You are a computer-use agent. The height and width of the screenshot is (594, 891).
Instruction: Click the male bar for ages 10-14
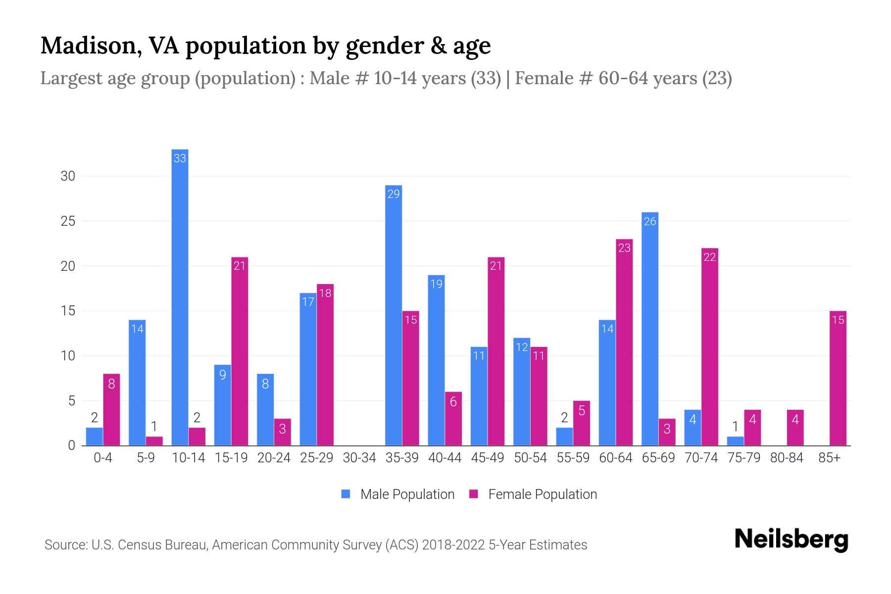click(x=180, y=297)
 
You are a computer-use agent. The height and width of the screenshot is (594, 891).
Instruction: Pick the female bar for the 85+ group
click(x=838, y=378)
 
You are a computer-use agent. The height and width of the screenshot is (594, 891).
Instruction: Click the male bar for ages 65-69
click(x=650, y=329)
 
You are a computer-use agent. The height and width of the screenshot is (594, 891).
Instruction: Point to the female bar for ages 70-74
click(x=710, y=346)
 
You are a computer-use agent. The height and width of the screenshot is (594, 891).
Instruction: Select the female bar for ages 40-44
click(x=453, y=419)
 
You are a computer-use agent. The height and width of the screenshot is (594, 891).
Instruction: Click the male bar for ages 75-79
click(x=735, y=441)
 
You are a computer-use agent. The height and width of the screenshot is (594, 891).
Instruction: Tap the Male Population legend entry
click(x=398, y=494)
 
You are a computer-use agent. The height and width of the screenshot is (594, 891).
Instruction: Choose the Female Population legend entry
click(x=534, y=494)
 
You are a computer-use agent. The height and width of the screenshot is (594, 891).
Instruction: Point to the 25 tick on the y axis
click(x=68, y=221)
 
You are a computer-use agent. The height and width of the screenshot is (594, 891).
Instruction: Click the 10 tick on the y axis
click(x=68, y=356)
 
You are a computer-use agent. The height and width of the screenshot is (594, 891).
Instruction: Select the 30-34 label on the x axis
click(x=359, y=458)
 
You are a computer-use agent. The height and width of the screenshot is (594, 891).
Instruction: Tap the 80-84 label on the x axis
click(x=787, y=458)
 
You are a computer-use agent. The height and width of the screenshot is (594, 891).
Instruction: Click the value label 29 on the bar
click(x=394, y=194)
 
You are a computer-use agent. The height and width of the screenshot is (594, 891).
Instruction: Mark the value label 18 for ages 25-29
click(x=325, y=293)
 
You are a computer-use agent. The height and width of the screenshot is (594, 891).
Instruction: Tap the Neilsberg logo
click(x=792, y=540)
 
